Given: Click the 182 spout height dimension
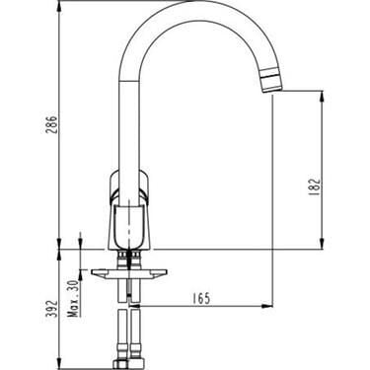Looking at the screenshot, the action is (315, 186).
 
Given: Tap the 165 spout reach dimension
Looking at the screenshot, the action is (201, 299).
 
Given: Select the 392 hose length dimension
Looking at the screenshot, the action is (52, 309).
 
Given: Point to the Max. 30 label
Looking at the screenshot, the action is (75, 299).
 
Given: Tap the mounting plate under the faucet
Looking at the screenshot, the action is (129, 274).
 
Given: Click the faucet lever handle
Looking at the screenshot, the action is (129, 186).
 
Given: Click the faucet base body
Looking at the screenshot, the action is (129, 226).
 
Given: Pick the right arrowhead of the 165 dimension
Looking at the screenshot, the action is (268, 306).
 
